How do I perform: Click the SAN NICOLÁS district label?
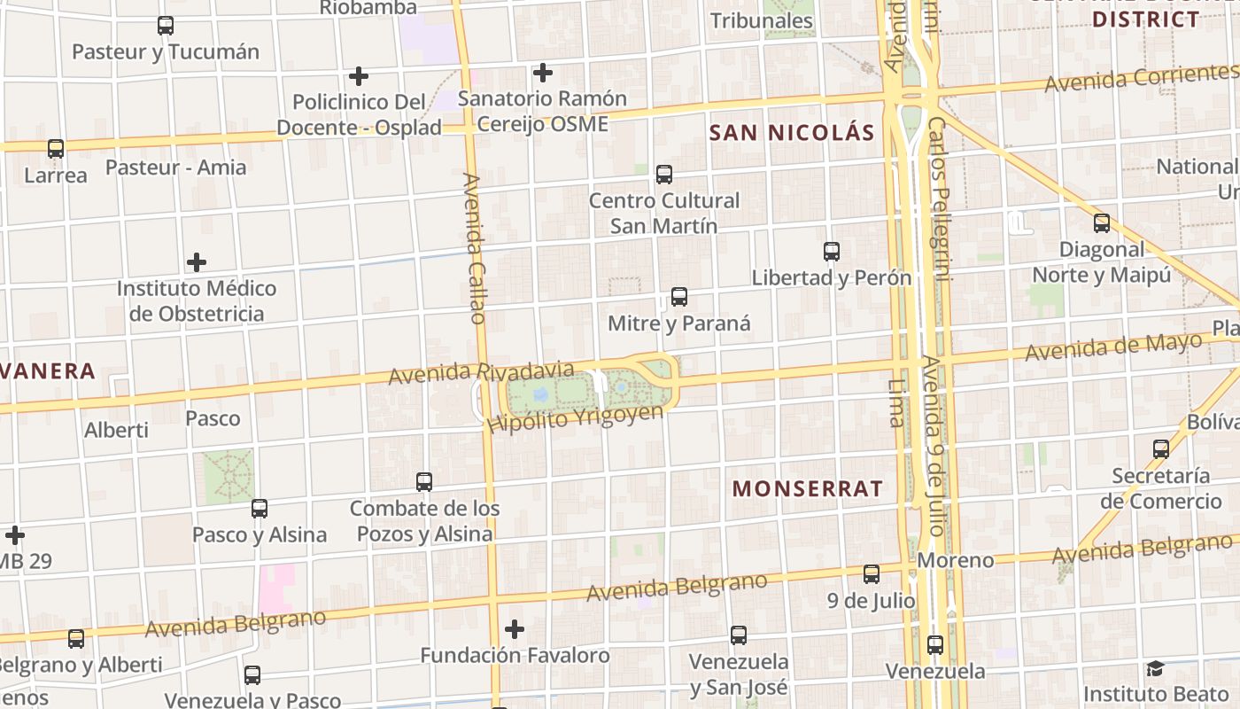792,134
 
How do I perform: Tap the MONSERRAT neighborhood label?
807,488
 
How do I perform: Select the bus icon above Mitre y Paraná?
679,297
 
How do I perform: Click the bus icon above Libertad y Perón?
832,252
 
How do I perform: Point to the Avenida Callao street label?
475,248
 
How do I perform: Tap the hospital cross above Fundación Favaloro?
515,629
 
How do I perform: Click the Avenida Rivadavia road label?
481,372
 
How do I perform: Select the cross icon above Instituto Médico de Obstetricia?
197,262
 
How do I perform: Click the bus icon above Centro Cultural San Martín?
664,175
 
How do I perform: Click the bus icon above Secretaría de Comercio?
1161,449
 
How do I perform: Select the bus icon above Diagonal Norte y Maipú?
1102,223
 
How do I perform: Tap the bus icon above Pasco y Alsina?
260,509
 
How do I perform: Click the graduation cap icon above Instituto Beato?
1154,668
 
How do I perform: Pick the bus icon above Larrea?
56,149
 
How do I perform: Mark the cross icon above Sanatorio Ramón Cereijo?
543,73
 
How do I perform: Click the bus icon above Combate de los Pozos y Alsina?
424,482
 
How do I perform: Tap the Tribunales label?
762,20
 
